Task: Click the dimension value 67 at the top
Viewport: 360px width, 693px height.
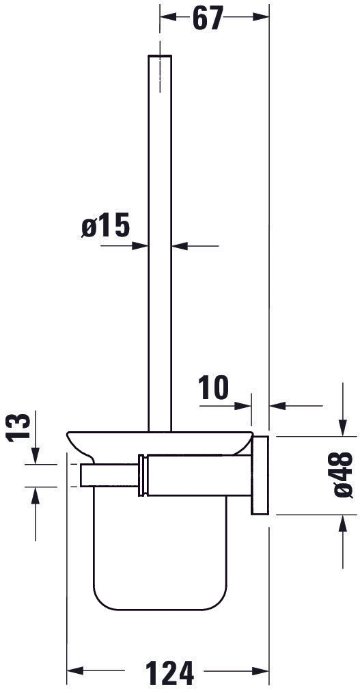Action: pyautogui.click(x=208, y=18)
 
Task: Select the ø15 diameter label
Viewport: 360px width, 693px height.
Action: pyautogui.click(x=105, y=226)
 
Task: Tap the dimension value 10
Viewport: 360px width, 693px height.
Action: pyautogui.click(x=214, y=388)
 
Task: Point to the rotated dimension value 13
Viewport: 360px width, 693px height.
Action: pyautogui.click(x=22, y=426)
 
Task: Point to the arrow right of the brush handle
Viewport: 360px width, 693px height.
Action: pyautogui.click(x=180, y=246)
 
